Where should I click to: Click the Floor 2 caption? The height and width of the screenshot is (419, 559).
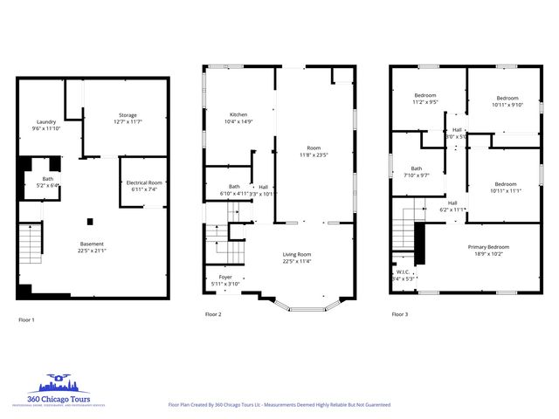213,314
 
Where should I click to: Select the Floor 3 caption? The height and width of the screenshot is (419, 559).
399,314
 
